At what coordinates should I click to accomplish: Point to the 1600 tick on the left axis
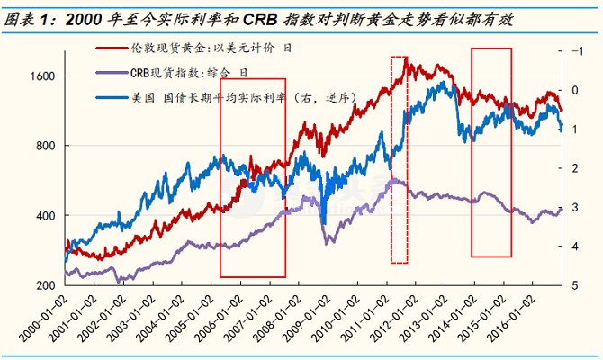tap(42, 76)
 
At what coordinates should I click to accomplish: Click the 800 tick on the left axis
tap(46, 146)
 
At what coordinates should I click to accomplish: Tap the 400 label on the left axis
tap(46, 216)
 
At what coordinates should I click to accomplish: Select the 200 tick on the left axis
tap(46, 285)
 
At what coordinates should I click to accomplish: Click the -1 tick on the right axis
tap(575, 51)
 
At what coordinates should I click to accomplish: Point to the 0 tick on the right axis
tap(575, 90)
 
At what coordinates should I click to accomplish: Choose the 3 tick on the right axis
tap(575, 207)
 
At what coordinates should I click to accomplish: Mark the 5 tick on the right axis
tap(575, 285)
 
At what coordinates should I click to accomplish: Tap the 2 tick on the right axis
tap(575, 168)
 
